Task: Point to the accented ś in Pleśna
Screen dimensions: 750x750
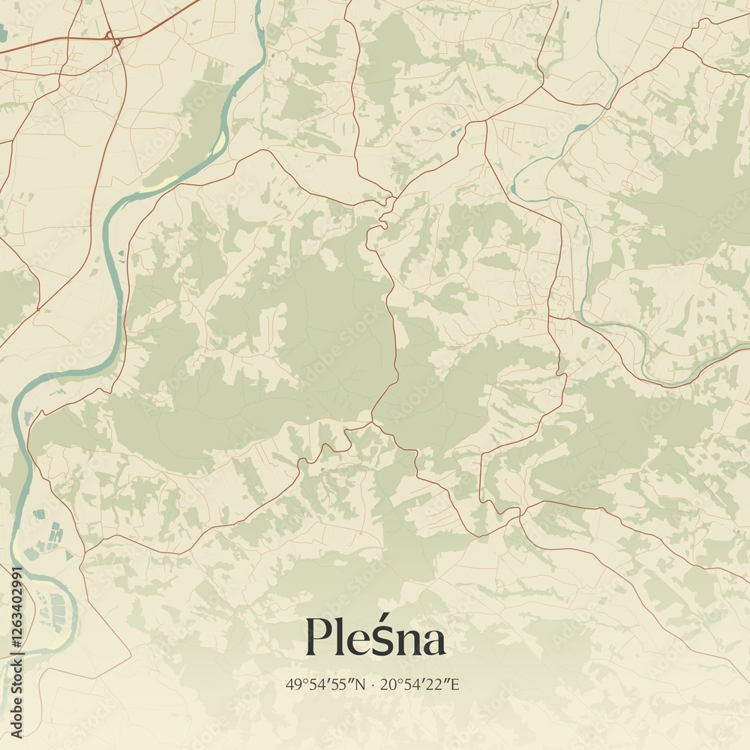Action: [379, 639]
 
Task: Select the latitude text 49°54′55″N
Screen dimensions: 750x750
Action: [325, 685]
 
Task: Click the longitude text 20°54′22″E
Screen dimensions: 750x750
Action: [419, 685]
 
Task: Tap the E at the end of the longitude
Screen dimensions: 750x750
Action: [454, 685]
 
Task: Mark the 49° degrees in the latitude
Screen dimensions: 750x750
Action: [294, 685]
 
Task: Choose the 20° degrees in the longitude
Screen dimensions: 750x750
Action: [388, 685]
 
